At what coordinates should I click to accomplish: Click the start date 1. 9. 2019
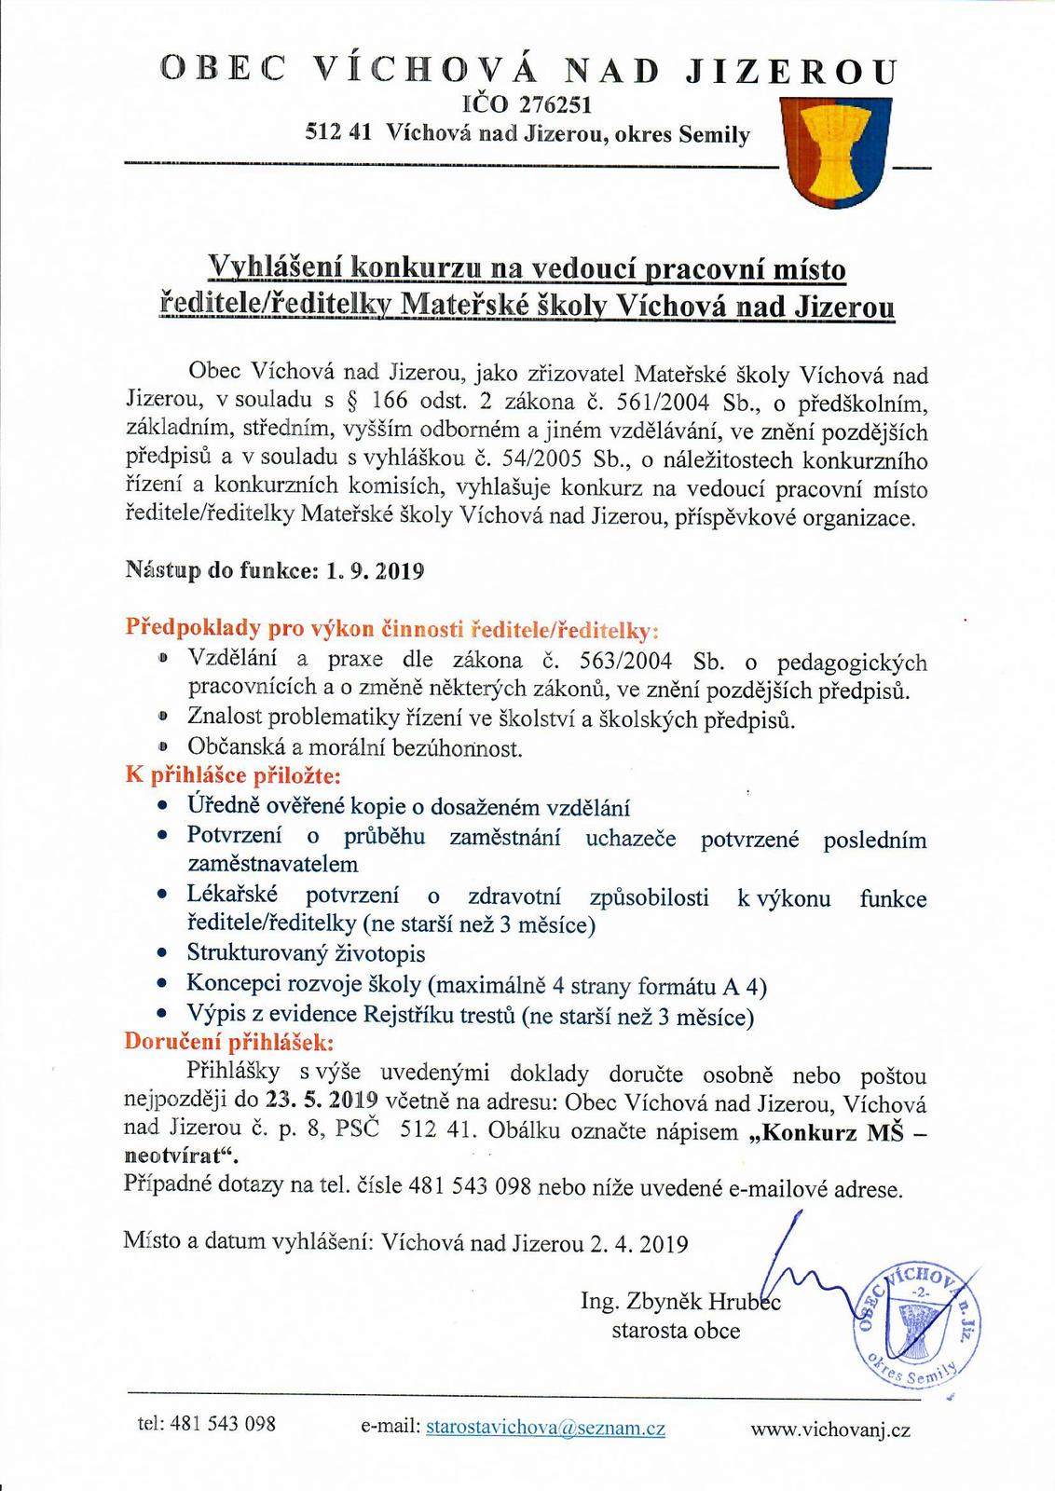click(376, 571)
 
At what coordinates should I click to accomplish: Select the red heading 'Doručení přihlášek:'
click(228, 1042)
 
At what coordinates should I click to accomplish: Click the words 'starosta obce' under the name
click(676, 1331)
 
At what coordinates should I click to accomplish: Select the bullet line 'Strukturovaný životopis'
click(306, 953)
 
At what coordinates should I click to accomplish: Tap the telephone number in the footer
click(223, 1424)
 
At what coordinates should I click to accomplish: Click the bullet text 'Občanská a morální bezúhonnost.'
click(355, 747)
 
